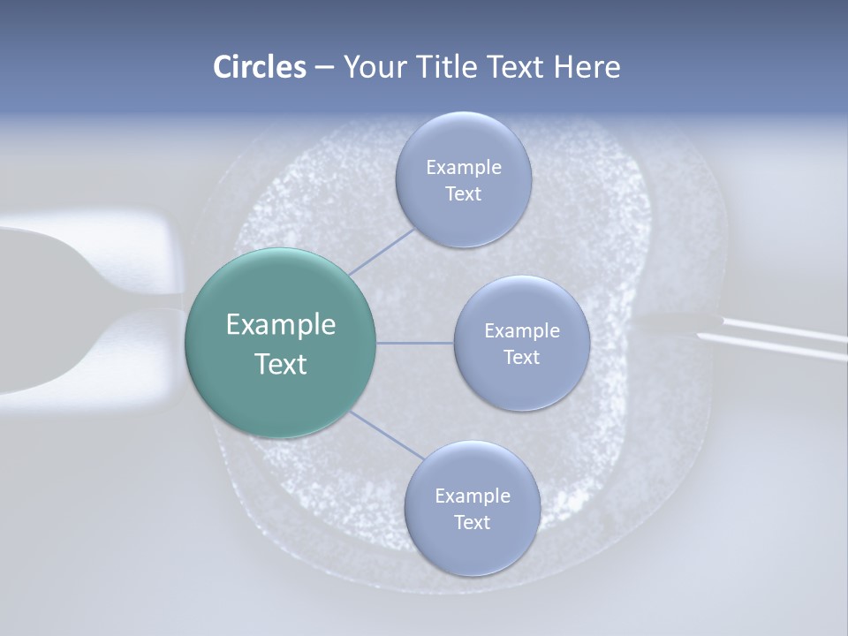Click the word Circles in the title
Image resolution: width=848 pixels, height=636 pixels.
259,67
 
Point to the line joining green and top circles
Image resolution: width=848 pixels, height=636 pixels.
380,251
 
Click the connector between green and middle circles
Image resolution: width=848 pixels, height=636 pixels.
415,343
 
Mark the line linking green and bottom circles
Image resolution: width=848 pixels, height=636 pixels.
385,435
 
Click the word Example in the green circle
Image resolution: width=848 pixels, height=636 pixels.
280,325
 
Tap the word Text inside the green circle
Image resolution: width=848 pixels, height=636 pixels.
280,364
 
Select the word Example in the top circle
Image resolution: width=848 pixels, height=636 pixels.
463,167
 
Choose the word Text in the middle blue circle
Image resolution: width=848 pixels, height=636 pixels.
521,357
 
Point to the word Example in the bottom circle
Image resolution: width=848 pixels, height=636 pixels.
472,496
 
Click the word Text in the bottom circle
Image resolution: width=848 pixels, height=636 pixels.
472,522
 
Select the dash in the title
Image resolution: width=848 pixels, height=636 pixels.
323,68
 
